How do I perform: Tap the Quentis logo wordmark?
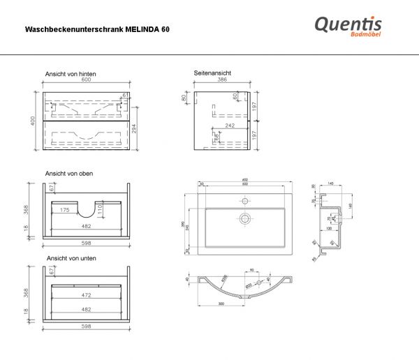coord(348,24)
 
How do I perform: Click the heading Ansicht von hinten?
coord(70,73)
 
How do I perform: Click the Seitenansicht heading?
coord(213,73)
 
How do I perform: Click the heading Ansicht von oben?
coord(69,173)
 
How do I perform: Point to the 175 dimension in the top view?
coord(64,209)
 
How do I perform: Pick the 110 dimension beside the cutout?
coord(100,208)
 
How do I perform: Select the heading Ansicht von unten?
coord(71,258)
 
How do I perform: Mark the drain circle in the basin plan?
coord(245,218)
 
